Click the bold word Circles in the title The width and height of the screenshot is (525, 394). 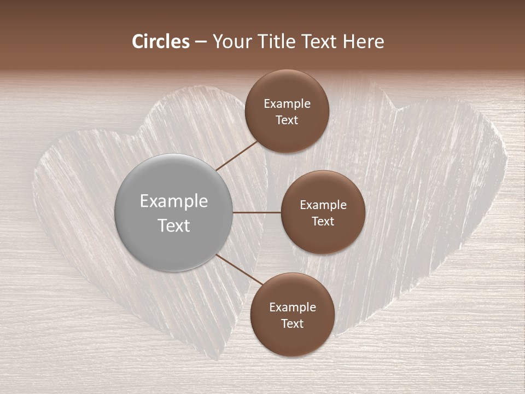(x=161, y=42)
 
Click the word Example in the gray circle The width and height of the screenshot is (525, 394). (x=173, y=201)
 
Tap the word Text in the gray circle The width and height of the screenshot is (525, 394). (x=173, y=225)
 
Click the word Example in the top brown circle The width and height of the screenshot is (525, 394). (x=287, y=104)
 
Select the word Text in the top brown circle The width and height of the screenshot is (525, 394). (x=287, y=120)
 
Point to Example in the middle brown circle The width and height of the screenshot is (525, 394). (x=323, y=205)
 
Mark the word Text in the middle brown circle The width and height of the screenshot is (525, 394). (x=323, y=221)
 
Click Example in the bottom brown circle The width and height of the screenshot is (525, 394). (x=292, y=308)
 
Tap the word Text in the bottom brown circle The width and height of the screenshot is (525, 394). (x=292, y=323)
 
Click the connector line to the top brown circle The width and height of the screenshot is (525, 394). (x=237, y=155)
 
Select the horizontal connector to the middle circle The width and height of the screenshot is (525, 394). (x=257, y=212)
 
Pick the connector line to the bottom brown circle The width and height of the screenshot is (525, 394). (x=240, y=269)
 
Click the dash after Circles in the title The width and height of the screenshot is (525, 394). (x=200, y=42)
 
